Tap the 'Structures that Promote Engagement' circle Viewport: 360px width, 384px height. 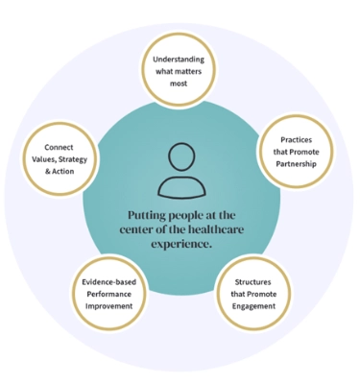(x=254, y=294)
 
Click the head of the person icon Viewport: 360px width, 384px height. (x=180, y=156)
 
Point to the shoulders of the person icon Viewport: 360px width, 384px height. (x=180, y=184)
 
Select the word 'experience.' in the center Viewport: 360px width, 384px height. (x=180, y=245)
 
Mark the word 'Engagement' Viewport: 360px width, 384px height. (x=254, y=305)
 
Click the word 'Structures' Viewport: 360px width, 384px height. (x=254, y=282)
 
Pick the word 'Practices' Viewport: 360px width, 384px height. (x=295, y=141)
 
